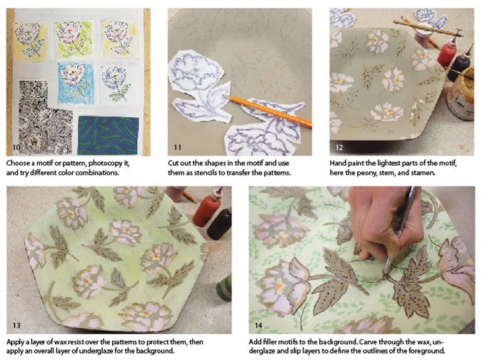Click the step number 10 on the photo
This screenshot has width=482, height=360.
[x=16, y=147]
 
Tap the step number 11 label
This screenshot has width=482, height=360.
[x=177, y=147]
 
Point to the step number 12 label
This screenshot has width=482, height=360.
[x=339, y=147]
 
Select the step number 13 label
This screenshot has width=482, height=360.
[x=16, y=325]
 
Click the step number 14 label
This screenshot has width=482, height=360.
[x=258, y=325]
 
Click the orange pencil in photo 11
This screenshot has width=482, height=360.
[x=267, y=111]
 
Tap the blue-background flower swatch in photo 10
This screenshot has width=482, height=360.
[x=75, y=84]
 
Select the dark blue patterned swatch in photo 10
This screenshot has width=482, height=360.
[x=108, y=135]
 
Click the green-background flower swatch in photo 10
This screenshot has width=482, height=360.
[x=73, y=39]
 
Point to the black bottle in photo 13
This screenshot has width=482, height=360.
[x=219, y=224]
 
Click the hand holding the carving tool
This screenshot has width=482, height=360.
[x=386, y=222]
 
